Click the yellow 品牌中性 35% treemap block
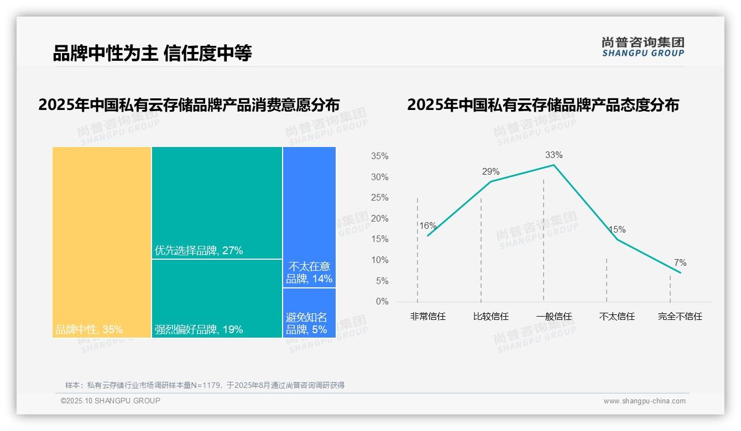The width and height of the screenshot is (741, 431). [x=102, y=242]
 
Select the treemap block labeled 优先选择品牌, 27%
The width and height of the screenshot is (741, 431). [x=217, y=202]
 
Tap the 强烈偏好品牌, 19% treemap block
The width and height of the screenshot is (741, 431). [x=217, y=298]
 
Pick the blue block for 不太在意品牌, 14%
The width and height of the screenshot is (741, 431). [x=309, y=217]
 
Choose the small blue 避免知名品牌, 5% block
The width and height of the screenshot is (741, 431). [x=309, y=313]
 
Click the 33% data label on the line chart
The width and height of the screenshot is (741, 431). [x=554, y=155]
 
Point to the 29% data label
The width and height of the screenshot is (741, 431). [x=490, y=172]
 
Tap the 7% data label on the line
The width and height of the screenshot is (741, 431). [x=680, y=263]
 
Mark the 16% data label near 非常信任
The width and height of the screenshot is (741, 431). [x=428, y=226]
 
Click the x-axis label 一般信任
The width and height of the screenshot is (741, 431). [x=554, y=317]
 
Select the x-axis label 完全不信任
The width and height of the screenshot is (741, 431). [x=680, y=317]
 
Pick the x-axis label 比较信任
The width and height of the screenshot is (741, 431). [x=490, y=317]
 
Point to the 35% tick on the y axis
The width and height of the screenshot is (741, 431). [x=379, y=157]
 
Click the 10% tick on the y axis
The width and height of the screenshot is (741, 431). [x=379, y=260]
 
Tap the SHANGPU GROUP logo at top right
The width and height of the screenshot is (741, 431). [x=643, y=47]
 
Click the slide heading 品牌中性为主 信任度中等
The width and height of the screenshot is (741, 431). [x=152, y=54]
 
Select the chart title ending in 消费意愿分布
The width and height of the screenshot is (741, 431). [x=189, y=105]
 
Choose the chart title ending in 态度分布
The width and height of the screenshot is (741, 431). [x=543, y=105]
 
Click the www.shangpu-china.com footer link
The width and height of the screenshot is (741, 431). [x=644, y=401]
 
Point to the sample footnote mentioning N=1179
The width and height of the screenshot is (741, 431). [x=205, y=385]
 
